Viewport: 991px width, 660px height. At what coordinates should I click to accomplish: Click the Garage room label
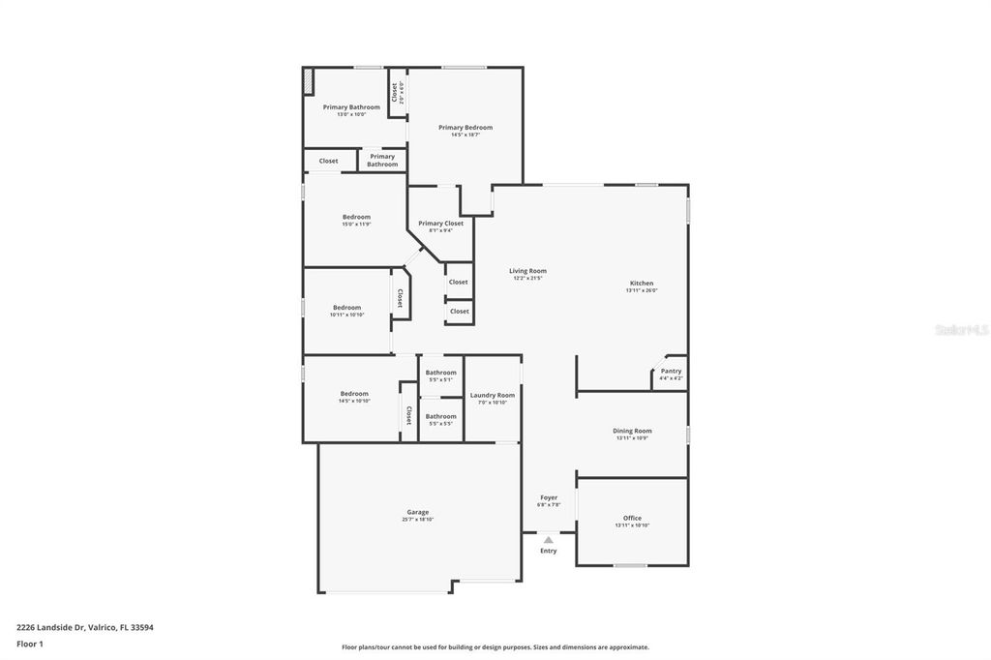coord(417,512)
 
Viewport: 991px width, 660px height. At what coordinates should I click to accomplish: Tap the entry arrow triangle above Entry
coord(549,540)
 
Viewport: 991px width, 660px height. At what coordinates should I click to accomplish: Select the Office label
coord(632,518)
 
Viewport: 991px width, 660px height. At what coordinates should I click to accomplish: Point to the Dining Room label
coord(632,431)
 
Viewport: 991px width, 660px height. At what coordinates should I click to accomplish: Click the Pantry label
coord(671,371)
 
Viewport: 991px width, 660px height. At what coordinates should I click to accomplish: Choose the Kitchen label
coord(642,284)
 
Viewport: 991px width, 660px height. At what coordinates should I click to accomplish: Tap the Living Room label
coord(527,271)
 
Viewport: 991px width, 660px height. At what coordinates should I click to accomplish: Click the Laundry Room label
coord(493,395)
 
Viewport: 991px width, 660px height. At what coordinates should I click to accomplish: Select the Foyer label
coord(549,497)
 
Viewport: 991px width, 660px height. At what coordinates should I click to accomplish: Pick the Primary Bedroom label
coord(465,128)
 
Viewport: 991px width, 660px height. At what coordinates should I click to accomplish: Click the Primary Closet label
coord(440,224)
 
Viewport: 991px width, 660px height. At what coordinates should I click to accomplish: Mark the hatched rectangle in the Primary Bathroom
coord(308,81)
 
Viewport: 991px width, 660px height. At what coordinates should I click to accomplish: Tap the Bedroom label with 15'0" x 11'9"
coord(356,217)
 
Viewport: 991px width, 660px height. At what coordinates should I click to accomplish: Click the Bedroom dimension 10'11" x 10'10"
coord(346,315)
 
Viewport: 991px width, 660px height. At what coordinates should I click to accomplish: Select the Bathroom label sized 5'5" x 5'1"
coord(440,373)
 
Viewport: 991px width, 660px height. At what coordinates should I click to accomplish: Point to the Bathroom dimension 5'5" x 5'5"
coord(440,424)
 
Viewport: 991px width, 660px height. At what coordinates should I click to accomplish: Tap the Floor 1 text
coord(30,644)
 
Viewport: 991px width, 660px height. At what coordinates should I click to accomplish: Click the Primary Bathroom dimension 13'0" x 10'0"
coord(351,114)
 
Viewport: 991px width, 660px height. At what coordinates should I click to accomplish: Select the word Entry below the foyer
coord(549,552)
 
